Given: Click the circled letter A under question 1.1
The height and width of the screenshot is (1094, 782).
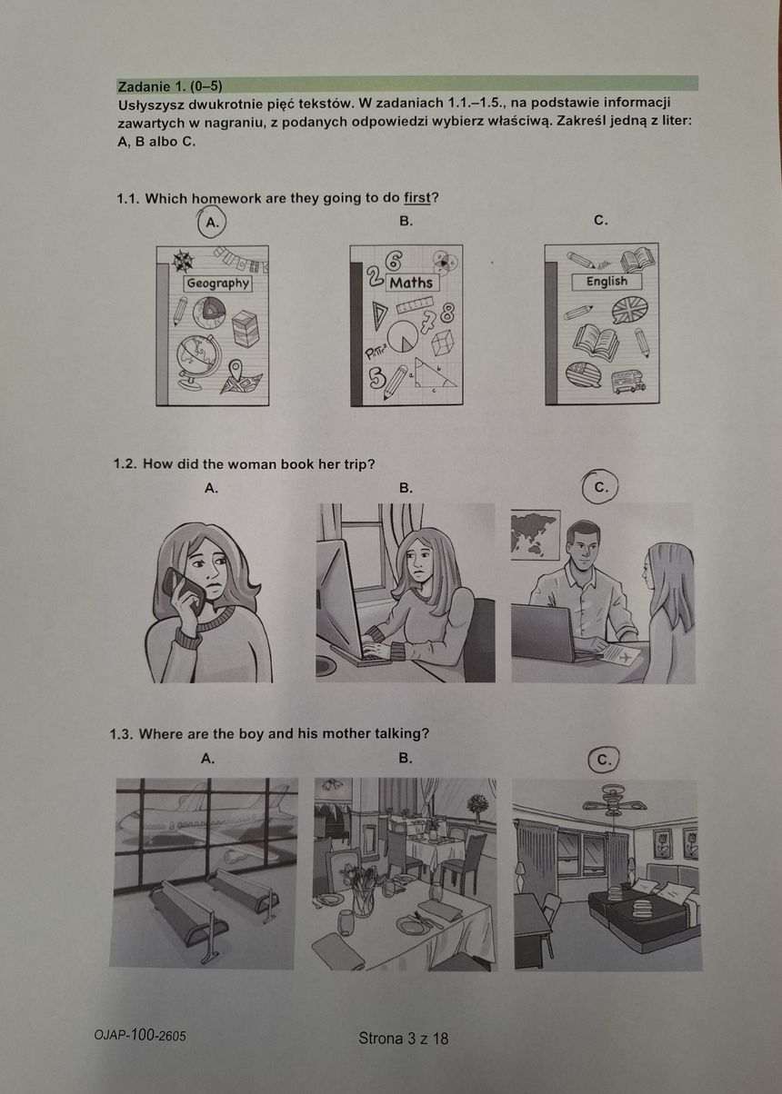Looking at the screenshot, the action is click(x=212, y=223).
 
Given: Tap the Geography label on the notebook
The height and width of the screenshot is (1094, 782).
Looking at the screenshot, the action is click(x=218, y=283).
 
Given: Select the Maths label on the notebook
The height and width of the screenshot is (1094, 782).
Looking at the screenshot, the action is click(x=411, y=283).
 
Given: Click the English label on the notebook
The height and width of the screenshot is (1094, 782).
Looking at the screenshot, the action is click(x=607, y=282).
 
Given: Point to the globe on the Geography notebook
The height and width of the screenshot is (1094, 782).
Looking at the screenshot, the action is click(x=196, y=362).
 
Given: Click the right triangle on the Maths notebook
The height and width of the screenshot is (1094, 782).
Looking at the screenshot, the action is click(x=435, y=373).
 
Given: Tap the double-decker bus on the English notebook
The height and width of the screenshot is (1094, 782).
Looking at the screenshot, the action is click(x=628, y=382).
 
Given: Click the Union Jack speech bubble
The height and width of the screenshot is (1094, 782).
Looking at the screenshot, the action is click(x=630, y=310).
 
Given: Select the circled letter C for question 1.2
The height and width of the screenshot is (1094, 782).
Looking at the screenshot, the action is click(x=601, y=487).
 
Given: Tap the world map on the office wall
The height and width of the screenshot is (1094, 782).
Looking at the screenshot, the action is click(x=536, y=535).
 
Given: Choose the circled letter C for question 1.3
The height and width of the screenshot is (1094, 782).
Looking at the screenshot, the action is click(x=604, y=761).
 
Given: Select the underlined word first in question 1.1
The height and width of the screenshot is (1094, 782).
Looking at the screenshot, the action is click(x=416, y=198).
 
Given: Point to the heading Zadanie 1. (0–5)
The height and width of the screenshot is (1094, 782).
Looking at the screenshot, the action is click(x=170, y=86).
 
